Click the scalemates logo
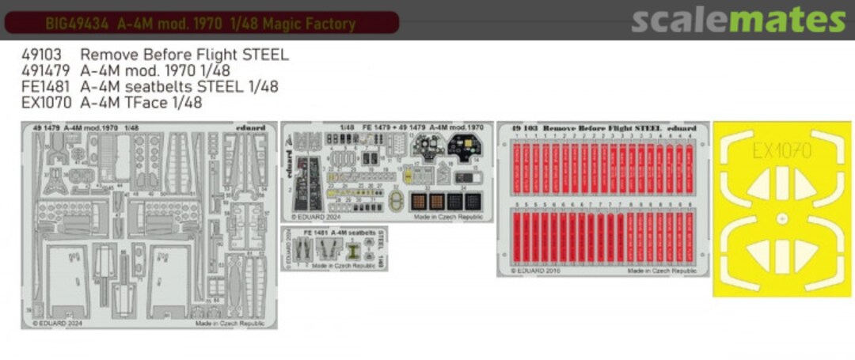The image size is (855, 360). [x=738, y=20]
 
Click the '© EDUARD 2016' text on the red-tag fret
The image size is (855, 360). [x=538, y=270]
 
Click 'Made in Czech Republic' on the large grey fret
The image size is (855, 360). [x=234, y=324]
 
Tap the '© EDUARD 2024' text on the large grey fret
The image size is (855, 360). [x=59, y=324]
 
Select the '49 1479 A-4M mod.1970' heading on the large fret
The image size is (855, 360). [x=80, y=127]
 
